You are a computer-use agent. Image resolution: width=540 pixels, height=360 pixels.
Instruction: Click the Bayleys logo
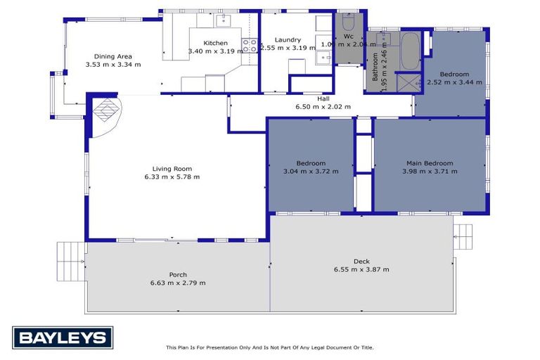[63, 337]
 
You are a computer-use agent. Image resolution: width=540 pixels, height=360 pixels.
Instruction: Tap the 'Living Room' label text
[172, 169]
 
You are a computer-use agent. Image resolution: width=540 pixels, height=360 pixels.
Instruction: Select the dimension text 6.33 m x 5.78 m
[172, 177]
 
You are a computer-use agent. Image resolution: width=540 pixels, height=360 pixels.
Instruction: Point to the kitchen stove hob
[249, 46]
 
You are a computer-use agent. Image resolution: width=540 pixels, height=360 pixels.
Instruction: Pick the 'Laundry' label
[288, 40]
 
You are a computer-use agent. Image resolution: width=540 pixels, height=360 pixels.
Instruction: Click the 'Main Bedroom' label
[430, 163]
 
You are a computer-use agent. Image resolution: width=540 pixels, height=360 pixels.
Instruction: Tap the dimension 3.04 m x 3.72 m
[310, 172]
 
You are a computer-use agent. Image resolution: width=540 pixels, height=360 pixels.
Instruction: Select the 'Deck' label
[361, 261]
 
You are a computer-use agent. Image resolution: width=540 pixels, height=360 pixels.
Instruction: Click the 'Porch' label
[178, 275]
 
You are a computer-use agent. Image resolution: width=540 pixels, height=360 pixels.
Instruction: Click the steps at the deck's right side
[464, 235]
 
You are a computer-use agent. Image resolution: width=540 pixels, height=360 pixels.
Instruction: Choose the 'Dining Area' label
[113, 56]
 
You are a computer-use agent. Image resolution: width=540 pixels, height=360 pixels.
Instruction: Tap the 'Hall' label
[323, 98]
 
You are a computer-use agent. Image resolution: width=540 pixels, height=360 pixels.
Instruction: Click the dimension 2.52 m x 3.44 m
[454, 82]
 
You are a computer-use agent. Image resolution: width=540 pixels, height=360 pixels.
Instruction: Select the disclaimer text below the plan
[269, 347]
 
